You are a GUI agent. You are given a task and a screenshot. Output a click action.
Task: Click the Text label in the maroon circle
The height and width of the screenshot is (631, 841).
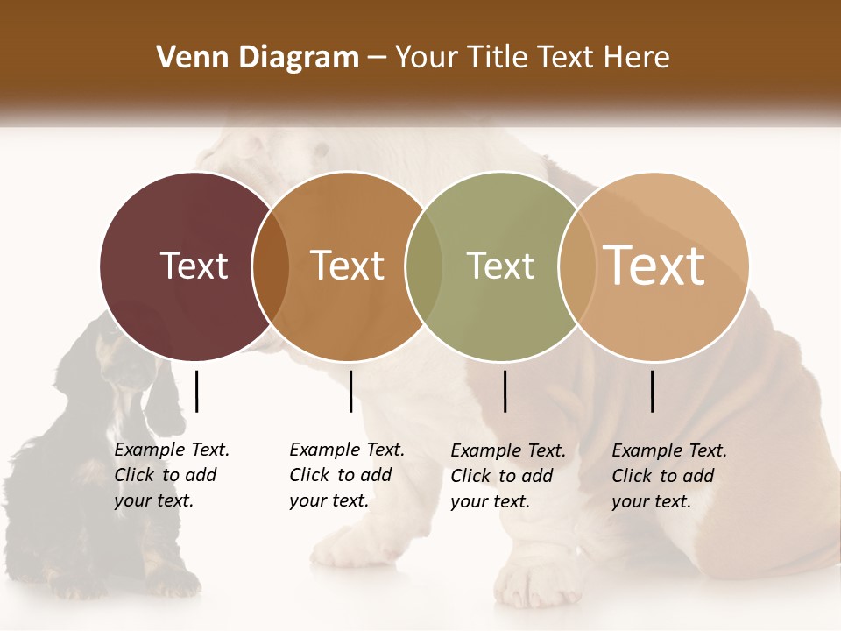pyautogui.click(x=194, y=266)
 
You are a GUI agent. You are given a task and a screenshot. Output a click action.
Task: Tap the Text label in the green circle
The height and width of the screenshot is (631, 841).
pyautogui.click(x=500, y=266)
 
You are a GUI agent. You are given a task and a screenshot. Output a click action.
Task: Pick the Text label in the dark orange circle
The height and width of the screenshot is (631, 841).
pyautogui.click(x=348, y=266)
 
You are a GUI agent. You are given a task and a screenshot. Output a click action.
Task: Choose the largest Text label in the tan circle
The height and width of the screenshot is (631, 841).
pyautogui.click(x=654, y=265)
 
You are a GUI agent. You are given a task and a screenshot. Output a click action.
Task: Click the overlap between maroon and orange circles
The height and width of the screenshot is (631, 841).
pyautogui.click(x=271, y=266)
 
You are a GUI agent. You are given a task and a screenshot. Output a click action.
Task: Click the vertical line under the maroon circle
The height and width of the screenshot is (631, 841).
pyautogui.click(x=196, y=391)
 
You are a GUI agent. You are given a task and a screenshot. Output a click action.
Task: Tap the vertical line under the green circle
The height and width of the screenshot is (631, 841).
pyautogui.click(x=505, y=391)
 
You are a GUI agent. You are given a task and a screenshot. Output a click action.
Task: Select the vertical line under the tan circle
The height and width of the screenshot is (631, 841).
pyautogui.click(x=653, y=391)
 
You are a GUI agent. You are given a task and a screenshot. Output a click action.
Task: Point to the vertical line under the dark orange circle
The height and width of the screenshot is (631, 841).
pyautogui.click(x=350, y=391)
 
